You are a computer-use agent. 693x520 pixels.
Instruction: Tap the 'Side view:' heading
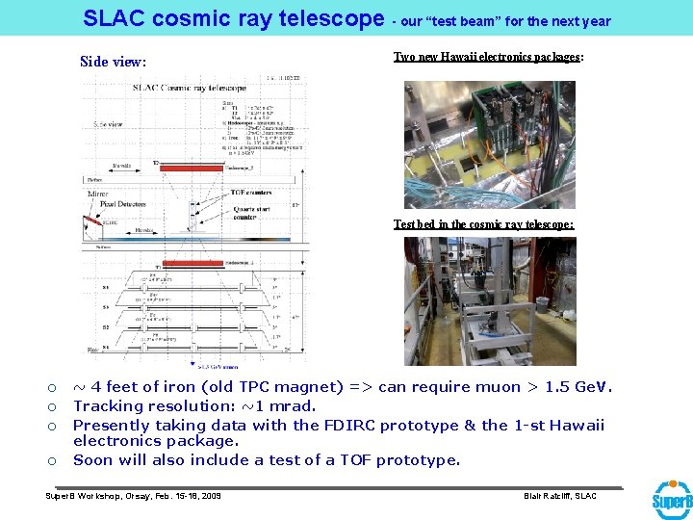coord(114,62)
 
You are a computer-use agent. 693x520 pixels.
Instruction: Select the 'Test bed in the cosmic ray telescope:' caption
coord(483,223)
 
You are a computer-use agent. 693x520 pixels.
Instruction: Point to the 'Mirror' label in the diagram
coord(98,194)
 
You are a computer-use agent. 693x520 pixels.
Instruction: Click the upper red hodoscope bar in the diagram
coord(192,167)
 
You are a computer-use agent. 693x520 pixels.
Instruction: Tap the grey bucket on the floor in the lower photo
coord(542,307)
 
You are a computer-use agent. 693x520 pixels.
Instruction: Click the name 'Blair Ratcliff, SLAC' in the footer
coord(559,496)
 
